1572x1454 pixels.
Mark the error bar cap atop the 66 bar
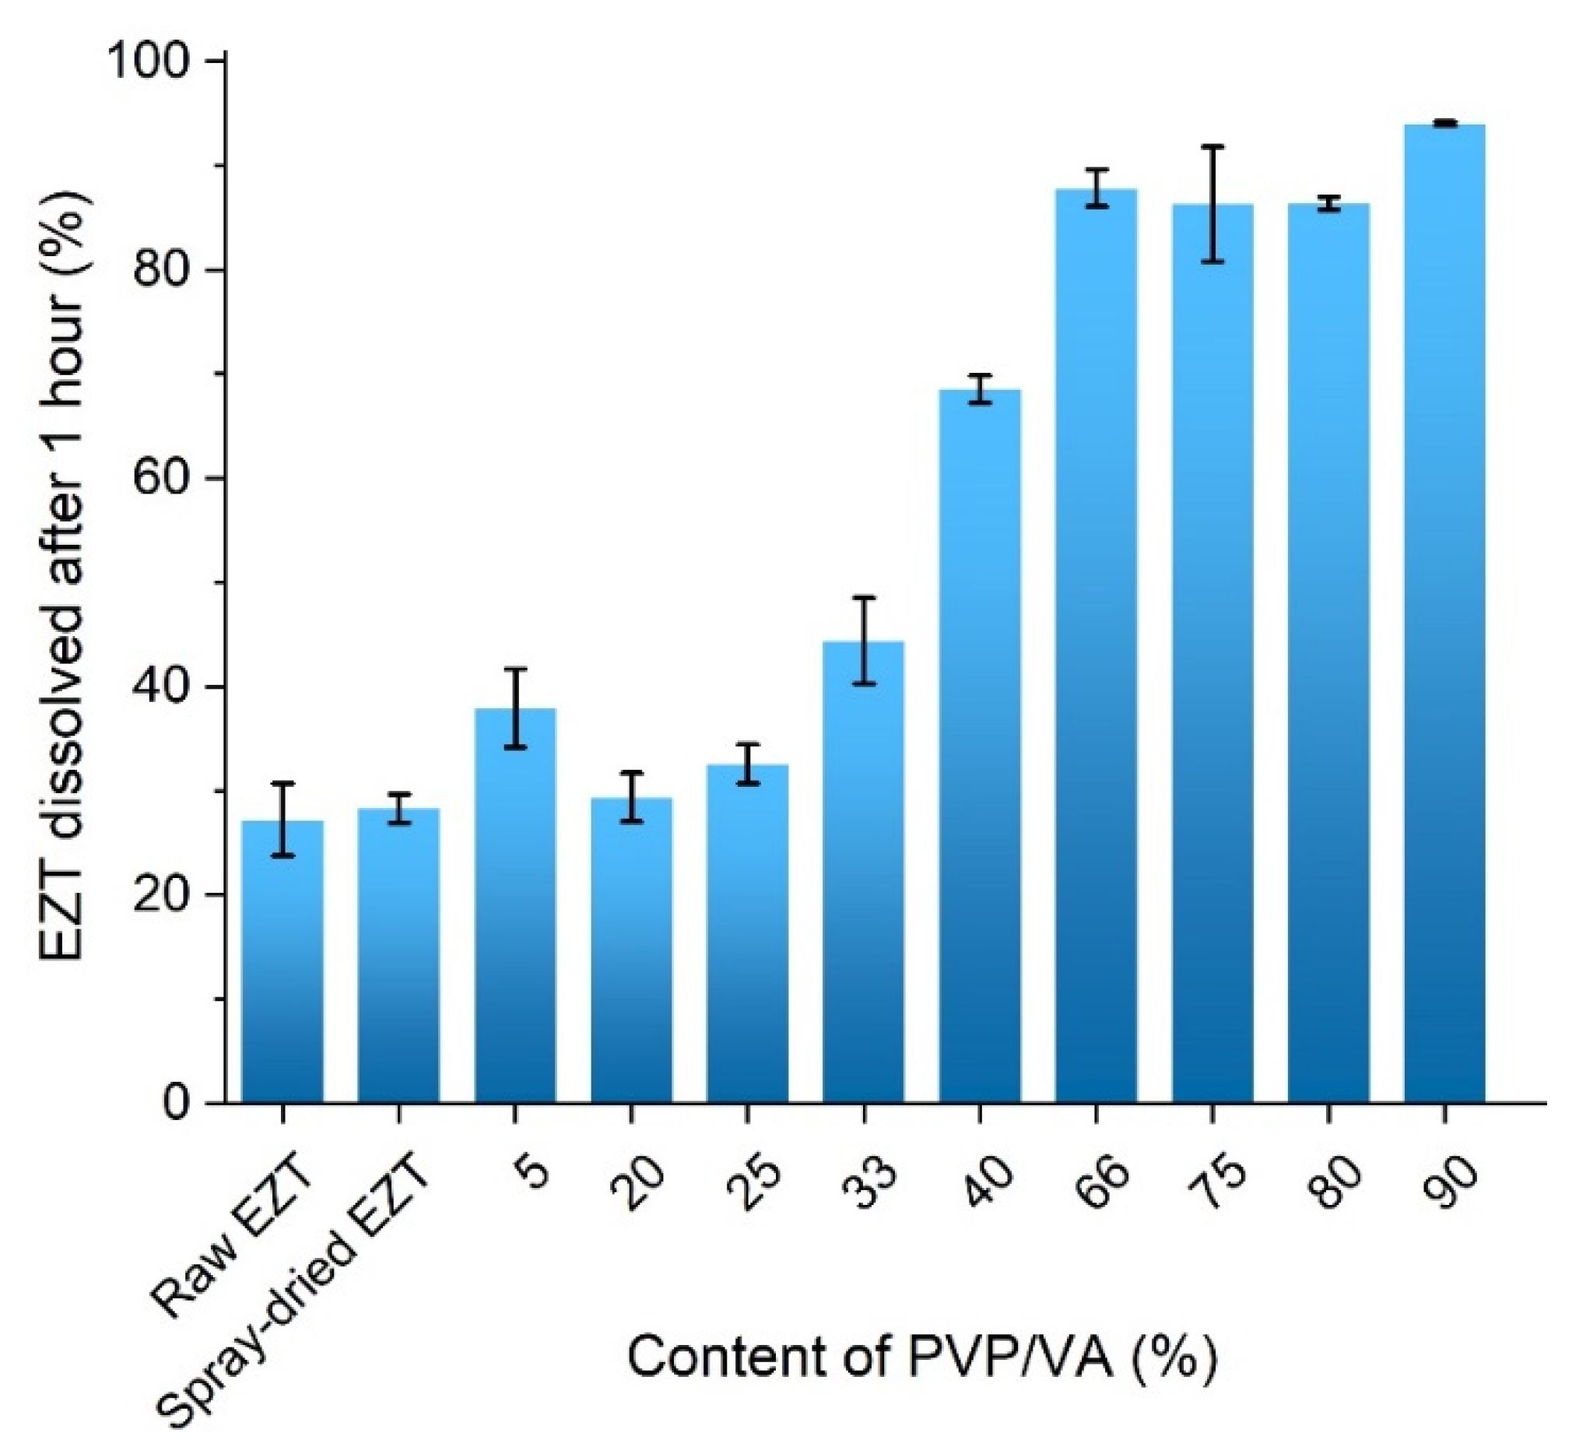coord(1096,170)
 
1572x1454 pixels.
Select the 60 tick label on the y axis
coord(164,479)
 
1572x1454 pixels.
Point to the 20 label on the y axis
coord(164,895)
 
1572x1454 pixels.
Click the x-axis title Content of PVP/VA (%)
coord(921,1358)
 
